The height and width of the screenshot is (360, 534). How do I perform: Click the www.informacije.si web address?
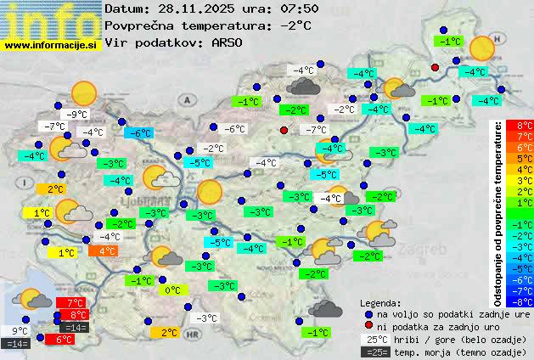point(51,44)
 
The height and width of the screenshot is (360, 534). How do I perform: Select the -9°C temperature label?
point(79,115)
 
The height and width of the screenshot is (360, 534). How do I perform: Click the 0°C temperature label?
point(172,290)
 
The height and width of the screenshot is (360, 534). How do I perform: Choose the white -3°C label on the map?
point(206,318)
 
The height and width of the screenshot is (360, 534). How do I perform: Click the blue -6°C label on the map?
point(138,133)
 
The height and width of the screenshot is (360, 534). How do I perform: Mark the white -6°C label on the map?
point(233,129)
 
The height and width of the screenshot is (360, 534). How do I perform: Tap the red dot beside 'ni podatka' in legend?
point(368,326)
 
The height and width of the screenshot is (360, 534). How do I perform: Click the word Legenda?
point(380,302)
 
